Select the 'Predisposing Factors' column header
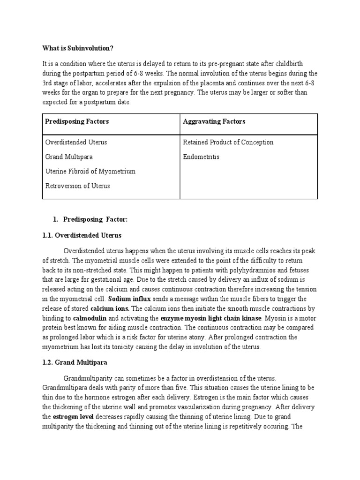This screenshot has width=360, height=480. (x=77, y=121)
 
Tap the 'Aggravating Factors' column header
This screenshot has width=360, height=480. (x=214, y=121)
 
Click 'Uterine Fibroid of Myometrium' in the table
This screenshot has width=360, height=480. (x=90, y=171)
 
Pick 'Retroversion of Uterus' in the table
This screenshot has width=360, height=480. (x=77, y=186)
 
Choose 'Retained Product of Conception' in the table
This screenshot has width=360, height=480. (x=228, y=142)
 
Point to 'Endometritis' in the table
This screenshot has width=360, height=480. (x=201, y=157)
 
